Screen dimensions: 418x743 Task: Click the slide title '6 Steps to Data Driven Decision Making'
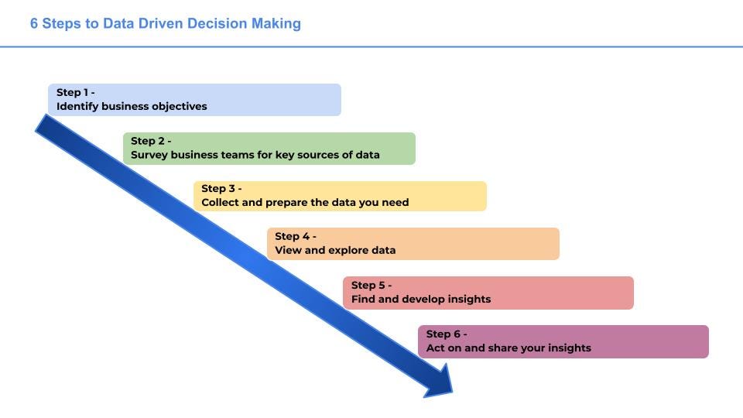tap(166, 23)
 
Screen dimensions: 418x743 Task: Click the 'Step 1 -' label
tap(75, 92)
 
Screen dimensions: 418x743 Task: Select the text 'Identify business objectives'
tap(132, 106)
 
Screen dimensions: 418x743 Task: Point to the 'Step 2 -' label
tap(151, 141)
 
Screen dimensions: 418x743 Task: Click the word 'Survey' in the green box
tap(149, 155)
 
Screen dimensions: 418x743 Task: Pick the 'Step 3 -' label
tap(221, 188)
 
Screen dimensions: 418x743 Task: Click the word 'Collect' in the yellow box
tap(221, 203)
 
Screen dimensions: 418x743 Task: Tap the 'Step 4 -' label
tap(296, 236)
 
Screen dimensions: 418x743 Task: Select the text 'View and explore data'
tap(335, 250)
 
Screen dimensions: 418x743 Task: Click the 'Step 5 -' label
tap(371, 285)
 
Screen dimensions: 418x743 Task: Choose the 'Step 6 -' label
tap(447, 334)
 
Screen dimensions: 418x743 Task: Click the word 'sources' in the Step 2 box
tap(312, 155)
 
